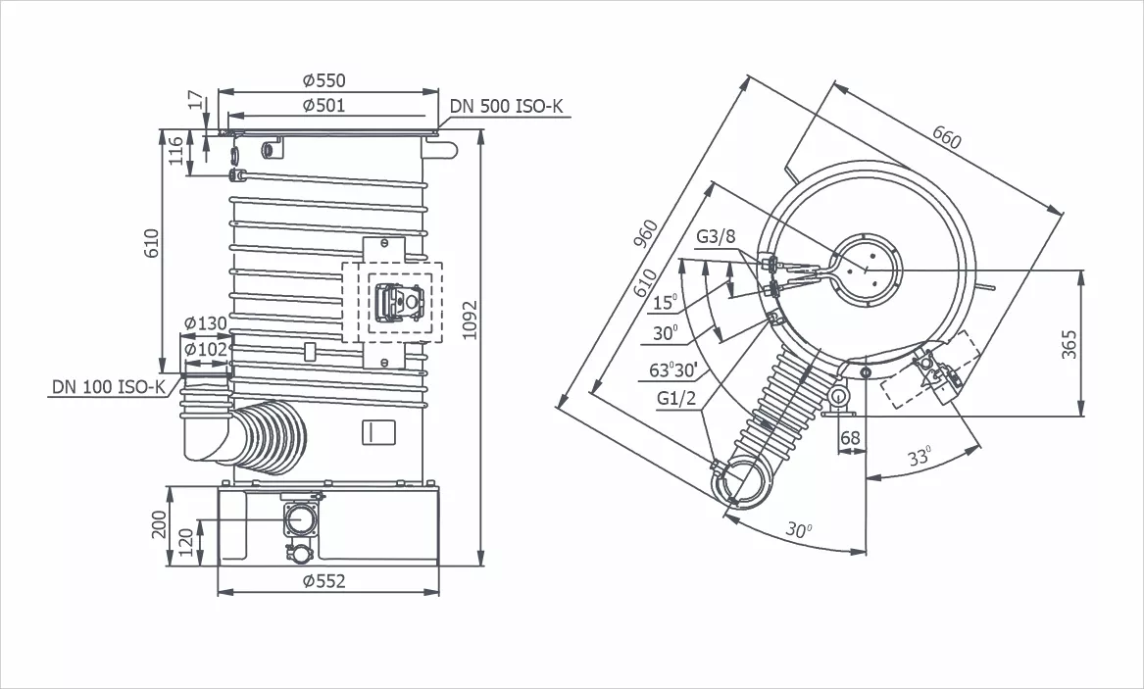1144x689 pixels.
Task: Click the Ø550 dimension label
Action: [324, 80]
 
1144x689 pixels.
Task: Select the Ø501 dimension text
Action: [324, 105]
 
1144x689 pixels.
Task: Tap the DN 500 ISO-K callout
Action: [507, 107]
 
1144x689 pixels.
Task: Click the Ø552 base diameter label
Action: [324, 581]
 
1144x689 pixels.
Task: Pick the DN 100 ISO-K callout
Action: [109, 388]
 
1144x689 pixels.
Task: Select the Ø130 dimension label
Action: [205, 324]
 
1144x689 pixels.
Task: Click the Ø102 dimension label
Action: [205, 348]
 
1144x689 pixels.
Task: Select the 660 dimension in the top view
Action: [946, 137]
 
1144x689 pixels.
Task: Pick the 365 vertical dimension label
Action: [1069, 344]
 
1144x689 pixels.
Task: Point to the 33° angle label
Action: [919, 458]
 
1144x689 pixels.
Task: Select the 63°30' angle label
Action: [671, 370]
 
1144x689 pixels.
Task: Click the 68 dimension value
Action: [850, 438]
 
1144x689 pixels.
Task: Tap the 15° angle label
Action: [665, 303]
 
